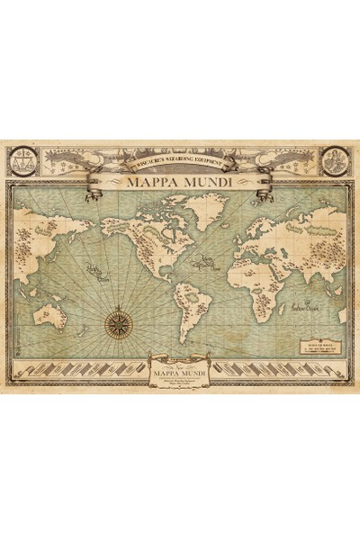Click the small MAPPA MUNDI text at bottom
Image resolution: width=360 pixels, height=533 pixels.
pyautogui.click(x=180, y=367)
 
